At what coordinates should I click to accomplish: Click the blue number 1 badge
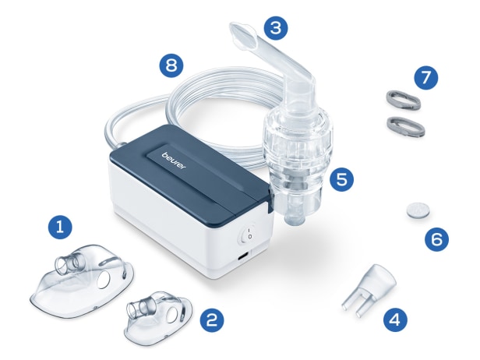(x=60, y=228)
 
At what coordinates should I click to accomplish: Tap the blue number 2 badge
(x=212, y=319)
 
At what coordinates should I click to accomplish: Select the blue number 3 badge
(x=276, y=28)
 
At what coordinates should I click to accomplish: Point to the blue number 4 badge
(x=396, y=319)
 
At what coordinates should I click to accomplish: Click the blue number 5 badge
(x=341, y=179)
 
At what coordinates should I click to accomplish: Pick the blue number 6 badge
(x=437, y=239)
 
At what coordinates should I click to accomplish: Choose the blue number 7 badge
(x=426, y=77)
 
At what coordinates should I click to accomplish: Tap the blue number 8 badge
(x=171, y=65)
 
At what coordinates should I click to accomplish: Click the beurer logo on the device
(x=174, y=160)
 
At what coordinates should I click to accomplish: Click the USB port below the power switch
(x=244, y=256)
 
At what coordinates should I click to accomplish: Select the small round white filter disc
(x=418, y=210)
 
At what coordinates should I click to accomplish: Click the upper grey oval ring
(x=402, y=100)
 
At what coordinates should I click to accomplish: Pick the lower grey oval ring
(x=406, y=126)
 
